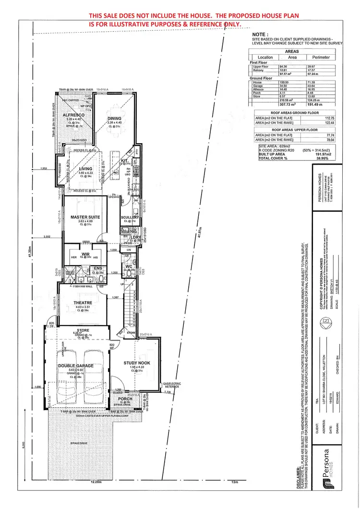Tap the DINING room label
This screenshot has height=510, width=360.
pos(114,118)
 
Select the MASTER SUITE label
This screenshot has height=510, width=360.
pos(85,218)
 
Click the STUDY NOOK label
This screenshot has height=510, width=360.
pos(138,363)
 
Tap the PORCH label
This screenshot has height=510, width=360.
pos(125,399)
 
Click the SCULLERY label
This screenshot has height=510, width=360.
pos(130,217)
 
